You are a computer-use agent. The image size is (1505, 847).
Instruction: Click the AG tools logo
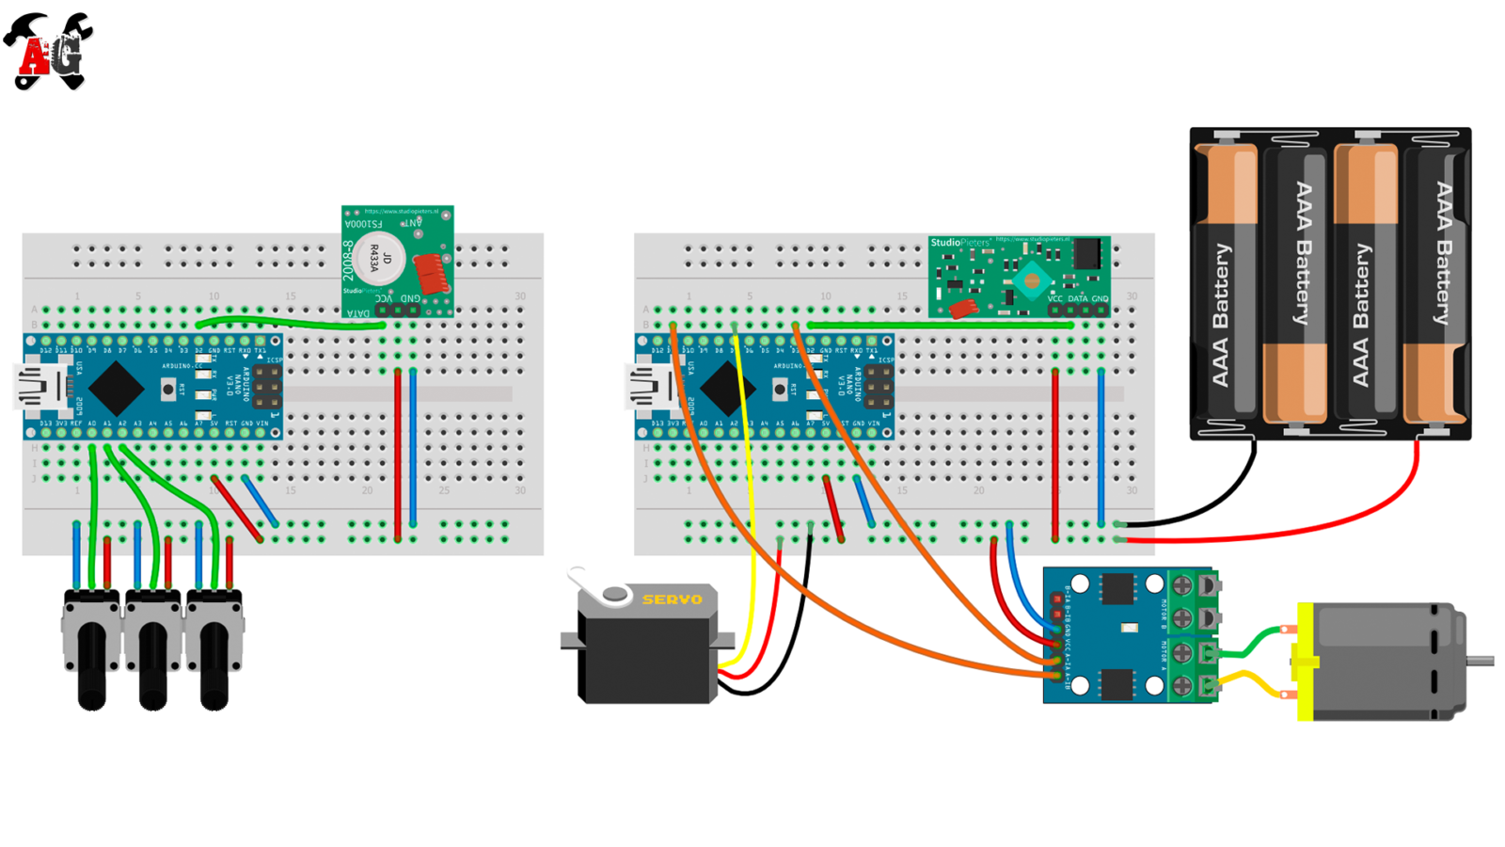tap(49, 52)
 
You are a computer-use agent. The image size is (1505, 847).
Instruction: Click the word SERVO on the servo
tap(672, 599)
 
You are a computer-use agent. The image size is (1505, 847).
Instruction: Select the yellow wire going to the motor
tap(1256, 679)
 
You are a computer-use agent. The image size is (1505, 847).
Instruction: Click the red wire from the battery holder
tap(1317, 528)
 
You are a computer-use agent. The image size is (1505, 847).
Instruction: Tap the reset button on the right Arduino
tap(780, 389)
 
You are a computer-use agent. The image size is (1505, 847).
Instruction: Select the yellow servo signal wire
tap(750, 527)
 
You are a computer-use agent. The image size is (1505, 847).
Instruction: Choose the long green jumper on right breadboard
tap(941, 326)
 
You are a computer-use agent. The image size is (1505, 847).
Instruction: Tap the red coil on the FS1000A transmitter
tap(431, 273)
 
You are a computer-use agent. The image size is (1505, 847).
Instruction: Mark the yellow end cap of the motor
tap(1306, 662)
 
